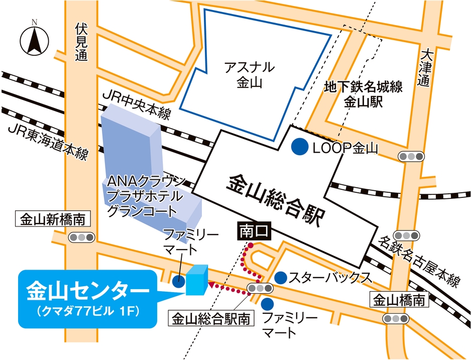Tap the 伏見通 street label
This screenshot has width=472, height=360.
click(80, 42)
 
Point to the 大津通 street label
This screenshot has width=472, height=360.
click(426, 67)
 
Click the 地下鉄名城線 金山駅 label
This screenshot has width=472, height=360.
click(364, 95)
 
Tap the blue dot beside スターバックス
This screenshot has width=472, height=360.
click(281, 277)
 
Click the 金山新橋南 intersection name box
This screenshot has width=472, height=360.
click(52, 219)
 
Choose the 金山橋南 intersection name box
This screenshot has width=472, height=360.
click(399, 300)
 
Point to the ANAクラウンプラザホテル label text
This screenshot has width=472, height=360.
click(146, 196)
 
